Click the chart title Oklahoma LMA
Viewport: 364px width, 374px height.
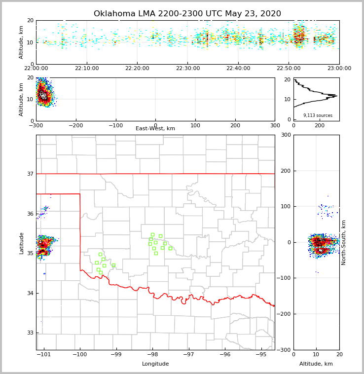pyautogui.click(x=187, y=14)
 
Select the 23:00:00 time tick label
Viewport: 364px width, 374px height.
pyautogui.click(x=339, y=69)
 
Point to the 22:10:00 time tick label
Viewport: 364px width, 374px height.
pyautogui.click(x=87, y=69)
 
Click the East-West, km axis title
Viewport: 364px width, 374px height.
pyautogui.click(x=155, y=129)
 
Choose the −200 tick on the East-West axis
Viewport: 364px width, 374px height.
pyautogui.click(x=75, y=126)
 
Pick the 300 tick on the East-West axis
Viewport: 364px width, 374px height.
pyautogui.click(x=275, y=126)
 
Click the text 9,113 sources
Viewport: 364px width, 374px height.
pyautogui.click(x=318, y=115)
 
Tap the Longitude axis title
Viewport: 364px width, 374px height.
pyautogui.click(x=155, y=364)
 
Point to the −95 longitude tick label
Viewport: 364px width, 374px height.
pyautogui.click(x=261, y=355)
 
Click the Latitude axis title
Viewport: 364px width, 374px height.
pyautogui.click(x=22, y=243)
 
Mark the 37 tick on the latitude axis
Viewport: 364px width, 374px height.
pyautogui.click(x=31, y=174)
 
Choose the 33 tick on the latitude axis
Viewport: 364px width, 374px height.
pyautogui.click(x=31, y=333)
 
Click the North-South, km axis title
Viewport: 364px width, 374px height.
pyautogui.click(x=344, y=242)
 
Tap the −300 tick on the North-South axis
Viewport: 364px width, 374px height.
pyautogui.click(x=286, y=350)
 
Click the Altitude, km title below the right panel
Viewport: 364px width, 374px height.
pyautogui.click(x=316, y=364)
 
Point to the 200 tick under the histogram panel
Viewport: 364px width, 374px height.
pyautogui.click(x=320, y=126)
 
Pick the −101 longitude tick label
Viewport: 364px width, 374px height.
pyautogui.click(x=43, y=355)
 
